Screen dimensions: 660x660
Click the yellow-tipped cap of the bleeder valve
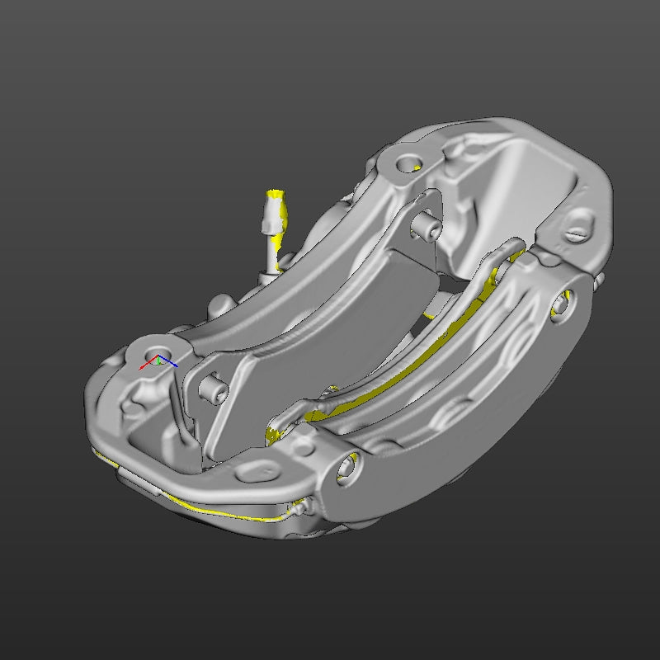(x=275, y=200)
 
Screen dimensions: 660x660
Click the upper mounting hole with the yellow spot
(x=408, y=163)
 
